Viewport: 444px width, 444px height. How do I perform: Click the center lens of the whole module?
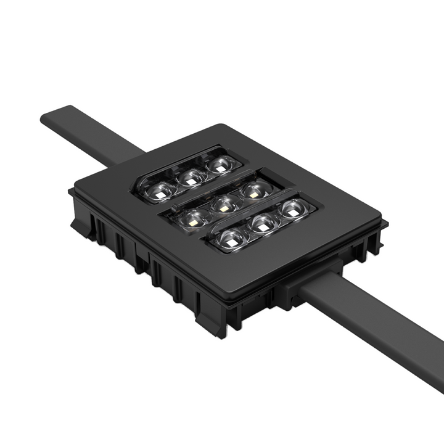[225, 203]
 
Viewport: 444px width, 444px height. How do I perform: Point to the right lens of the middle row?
[253, 190]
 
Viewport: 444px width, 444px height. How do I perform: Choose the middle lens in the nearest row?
[263, 223]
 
